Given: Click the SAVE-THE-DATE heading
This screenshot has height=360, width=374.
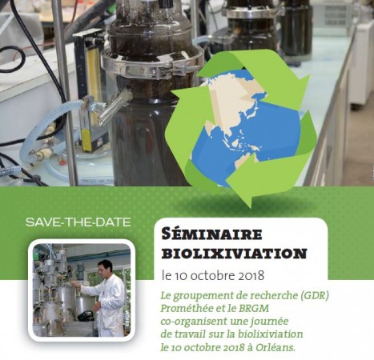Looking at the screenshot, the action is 78,222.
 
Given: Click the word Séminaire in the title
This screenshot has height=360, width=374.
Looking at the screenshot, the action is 212,234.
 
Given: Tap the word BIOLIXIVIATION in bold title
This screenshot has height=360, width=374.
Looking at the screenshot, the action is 234,254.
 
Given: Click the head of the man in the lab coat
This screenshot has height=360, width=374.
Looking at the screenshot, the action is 104,268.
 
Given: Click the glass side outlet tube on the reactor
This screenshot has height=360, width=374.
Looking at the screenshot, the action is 115,106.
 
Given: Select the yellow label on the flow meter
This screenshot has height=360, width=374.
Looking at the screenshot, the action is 86,141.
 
